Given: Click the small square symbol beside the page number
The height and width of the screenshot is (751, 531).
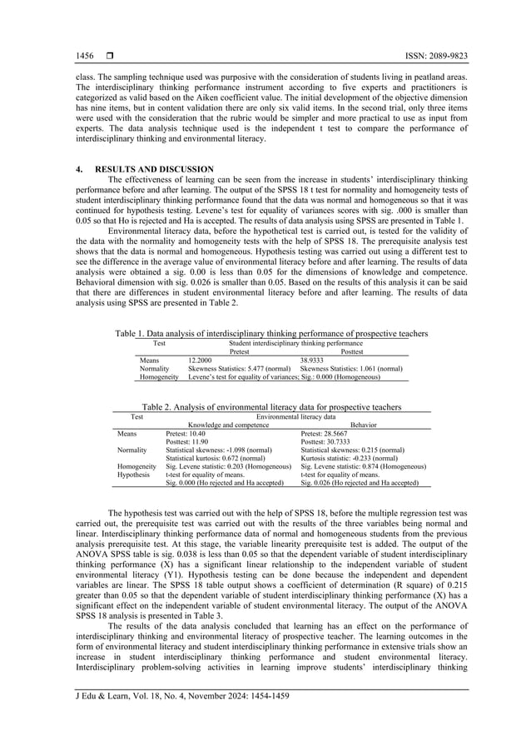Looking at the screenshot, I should click(x=109, y=56).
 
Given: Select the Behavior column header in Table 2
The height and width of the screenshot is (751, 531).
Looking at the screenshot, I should click(x=364, y=425).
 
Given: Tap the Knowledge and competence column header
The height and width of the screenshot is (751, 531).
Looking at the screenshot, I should click(x=228, y=425).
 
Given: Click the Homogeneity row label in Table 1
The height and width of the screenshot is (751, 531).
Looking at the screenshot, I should click(x=159, y=376).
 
